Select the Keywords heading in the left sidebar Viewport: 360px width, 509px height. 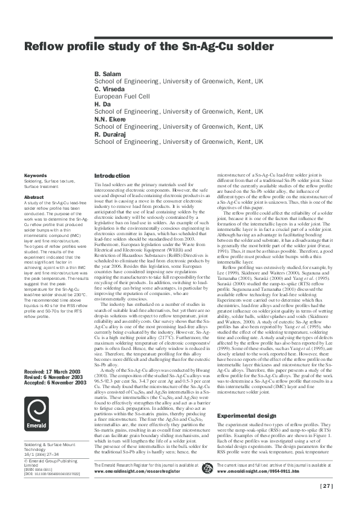tap(35, 176)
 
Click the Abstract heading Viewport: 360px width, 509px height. tap(34, 197)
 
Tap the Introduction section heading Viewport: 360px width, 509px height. tap(112, 176)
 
